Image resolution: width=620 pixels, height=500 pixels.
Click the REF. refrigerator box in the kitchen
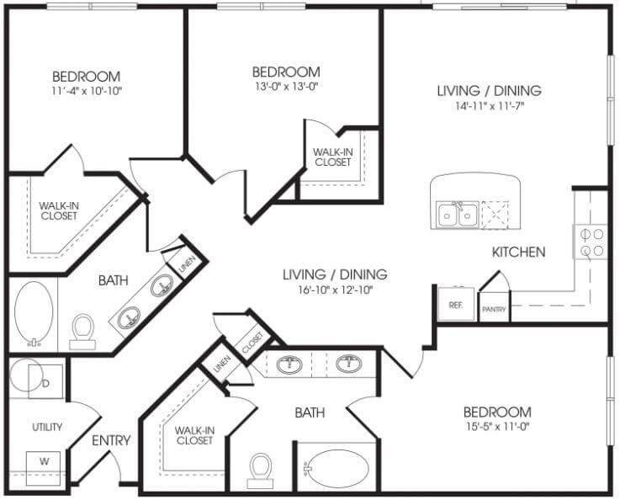pyautogui.click(x=456, y=304)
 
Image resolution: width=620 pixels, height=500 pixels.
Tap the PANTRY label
pyautogui.click(x=494, y=309)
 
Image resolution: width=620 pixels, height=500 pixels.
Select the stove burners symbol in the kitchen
pyautogui.click(x=591, y=242)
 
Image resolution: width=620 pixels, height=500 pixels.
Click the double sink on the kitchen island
pyautogui.click(x=458, y=215)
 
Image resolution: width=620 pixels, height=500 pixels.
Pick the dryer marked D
pyautogui.click(x=45, y=381)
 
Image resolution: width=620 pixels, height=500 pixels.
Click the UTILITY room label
pyautogui.click(x=47, y=428)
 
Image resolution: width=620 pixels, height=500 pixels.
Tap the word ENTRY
pyautogui.click(x=111, y=440)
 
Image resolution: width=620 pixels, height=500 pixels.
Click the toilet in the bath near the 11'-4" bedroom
pyautogui.click(x=83, y=332)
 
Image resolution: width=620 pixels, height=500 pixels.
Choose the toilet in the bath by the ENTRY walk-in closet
pyautogui.click(x=260, y=471)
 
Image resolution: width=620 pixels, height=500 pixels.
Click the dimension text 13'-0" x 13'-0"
pyautogui.click(x=287, y=86)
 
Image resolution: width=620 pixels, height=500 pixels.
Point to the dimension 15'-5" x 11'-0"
pyautogui.click(x=497, y=427)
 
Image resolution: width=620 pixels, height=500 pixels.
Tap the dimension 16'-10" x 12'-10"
pyautogui.click(x=336, y=290)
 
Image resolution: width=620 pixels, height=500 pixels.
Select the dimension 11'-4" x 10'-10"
pyautogui.click(x=87, y=91)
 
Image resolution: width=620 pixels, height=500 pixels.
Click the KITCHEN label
pyautogui.click(x=519, y=252)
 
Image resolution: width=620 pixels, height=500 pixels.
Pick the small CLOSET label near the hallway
pyautogui.click(x=252, y=343)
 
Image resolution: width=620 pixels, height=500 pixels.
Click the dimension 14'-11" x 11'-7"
pyautogui.click(x=490, y=106)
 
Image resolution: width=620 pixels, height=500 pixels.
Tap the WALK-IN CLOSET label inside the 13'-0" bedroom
pyautogui.click(x=333, y=157)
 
